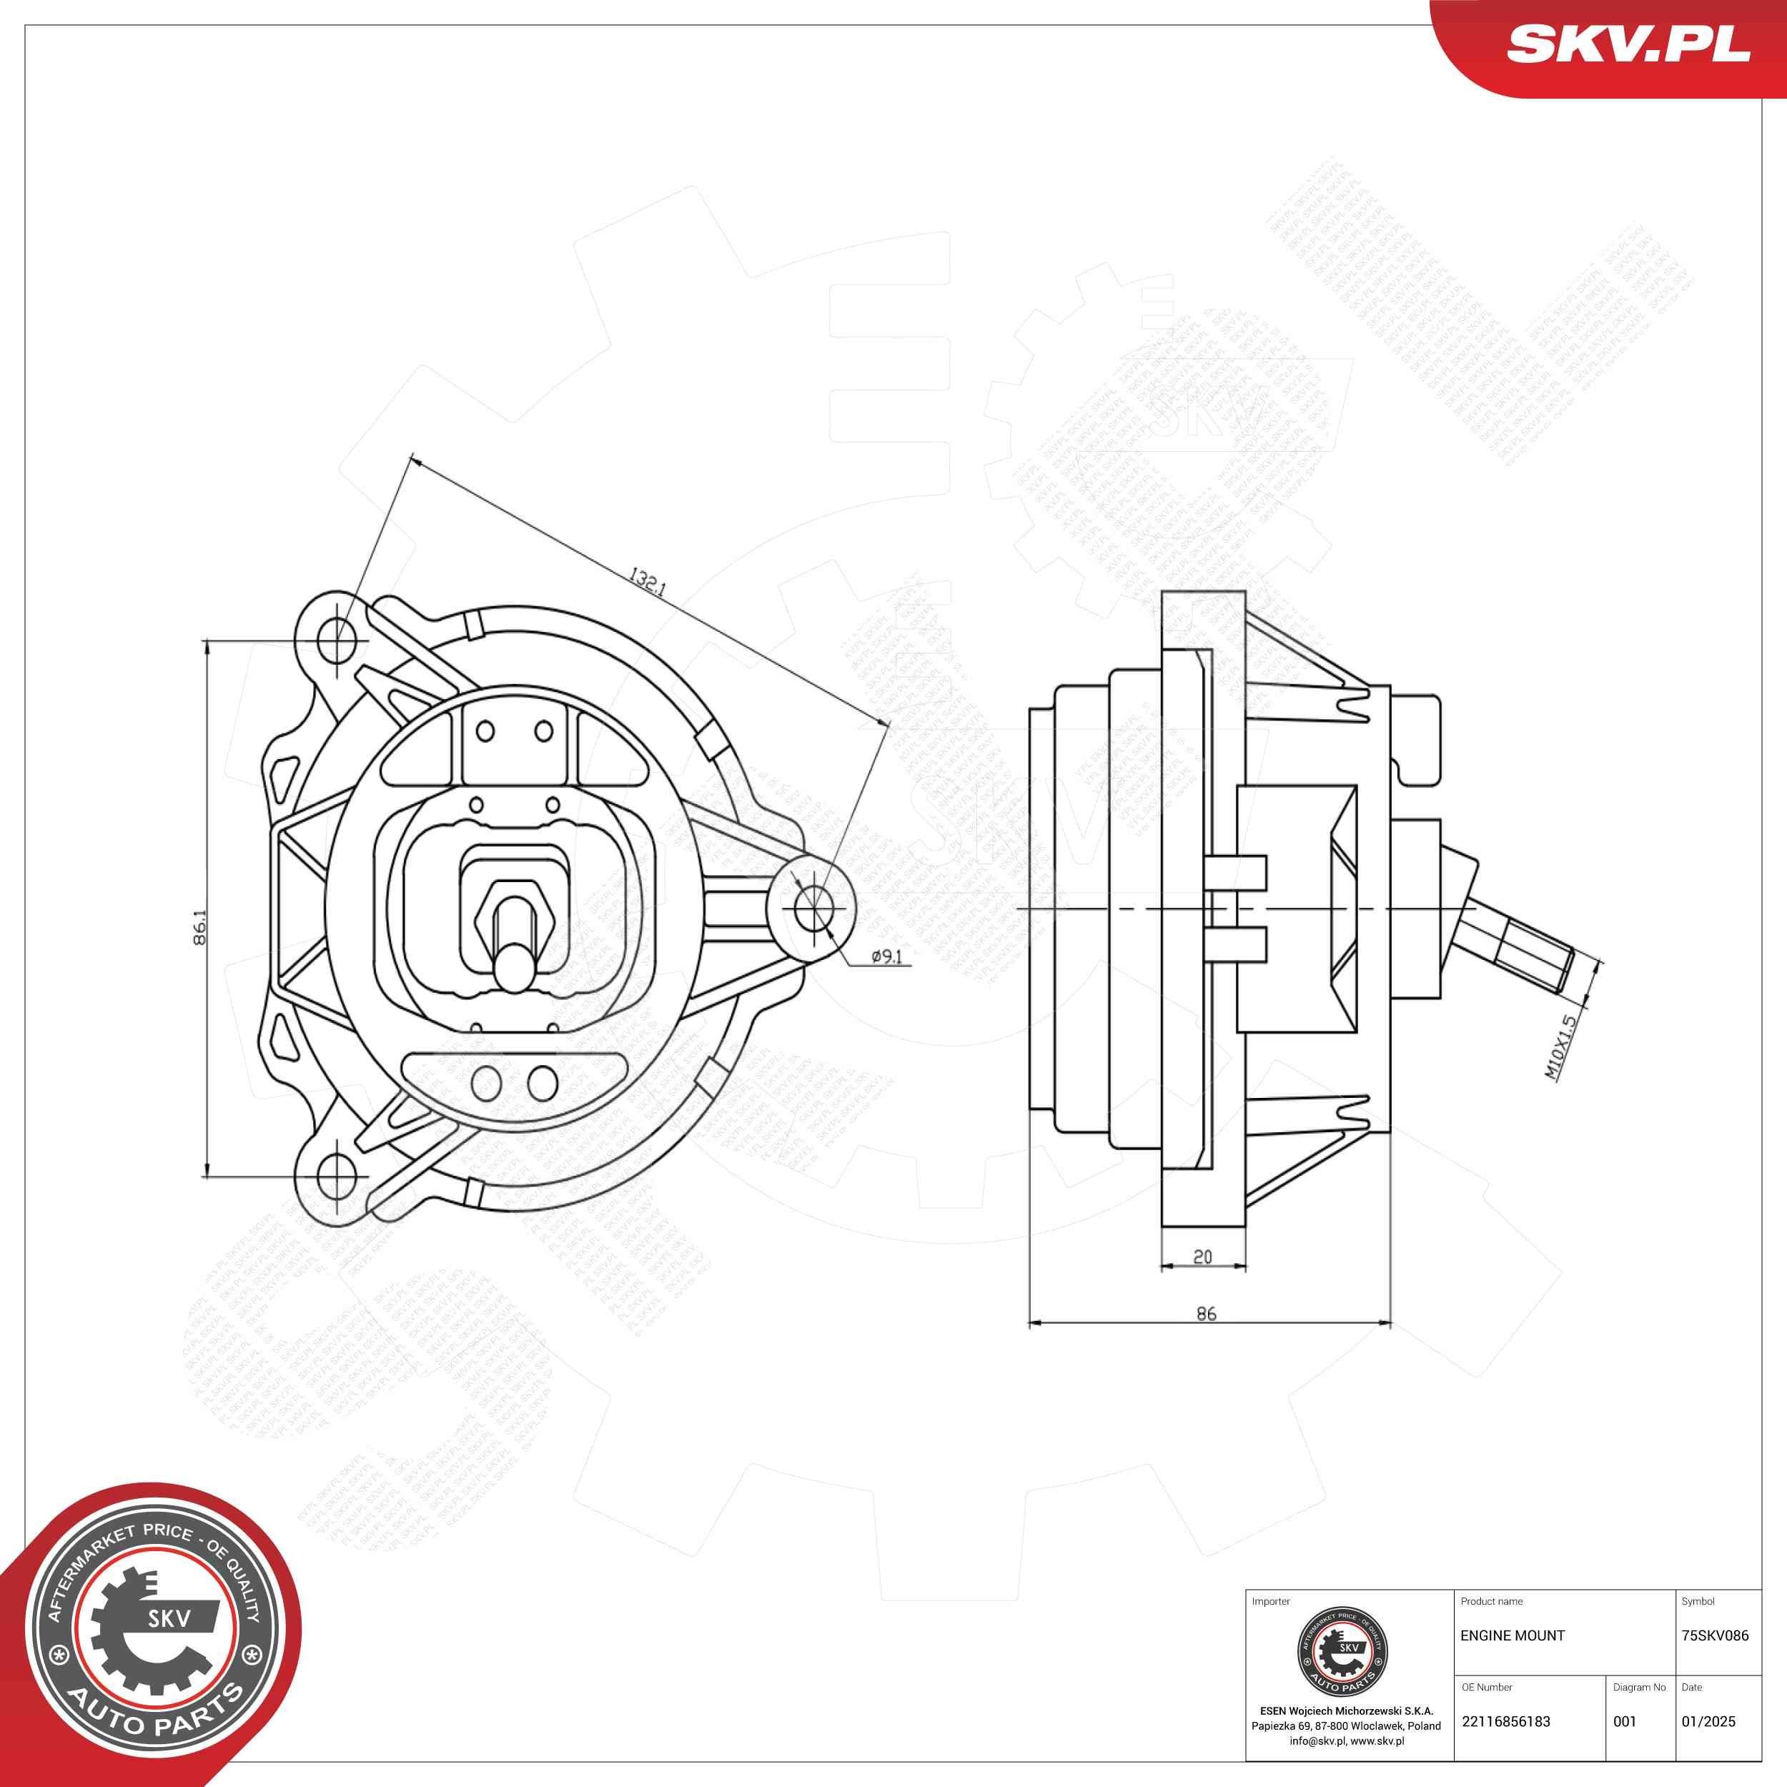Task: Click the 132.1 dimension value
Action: pyautogui.click(x=647, y=583)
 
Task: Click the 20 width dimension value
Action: pyautogui.click(x=1202, y=1256)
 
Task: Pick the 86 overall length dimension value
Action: pyautogui.click(x=1206, y=1313)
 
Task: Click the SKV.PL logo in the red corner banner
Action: pyautogui.click(x=1628, y=44)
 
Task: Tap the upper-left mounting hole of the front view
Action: pyautogui.click(x=337, y=639)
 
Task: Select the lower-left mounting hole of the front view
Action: pyautogui.click(x=336, y=1176)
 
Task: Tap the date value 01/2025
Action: pyautogui.click(x=1708, y=1721)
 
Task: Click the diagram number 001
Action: pyautogui.click(x=1624, y=1721)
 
